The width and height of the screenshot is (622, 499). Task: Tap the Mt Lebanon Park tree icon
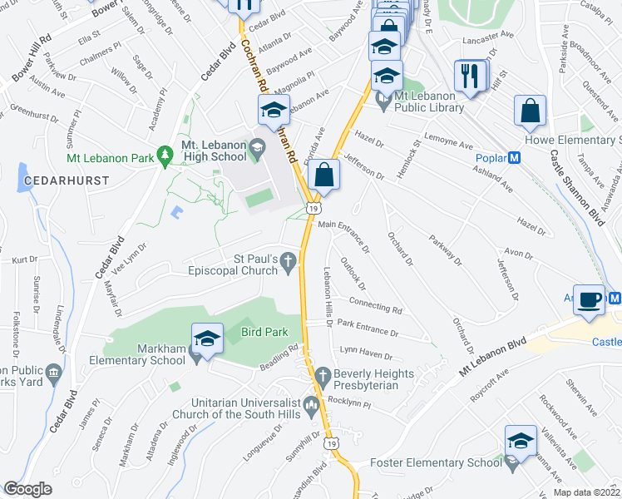point(165,153)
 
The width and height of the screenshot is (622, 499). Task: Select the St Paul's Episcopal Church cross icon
point(288,264)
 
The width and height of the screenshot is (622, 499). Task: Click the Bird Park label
point(264,332)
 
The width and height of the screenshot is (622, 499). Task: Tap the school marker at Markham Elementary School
point(207,338)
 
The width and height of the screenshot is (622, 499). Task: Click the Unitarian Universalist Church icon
point(312,406)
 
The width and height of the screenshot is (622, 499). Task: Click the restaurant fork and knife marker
point(470,77)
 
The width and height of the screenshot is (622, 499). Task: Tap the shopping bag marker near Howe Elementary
point(531,111)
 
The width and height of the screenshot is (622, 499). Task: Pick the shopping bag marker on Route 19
point(323,175)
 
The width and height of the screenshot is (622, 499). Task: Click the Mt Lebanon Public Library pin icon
point(383,102)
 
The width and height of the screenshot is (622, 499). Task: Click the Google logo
point(27,488)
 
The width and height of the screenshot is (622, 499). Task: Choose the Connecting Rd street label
point(376,305)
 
